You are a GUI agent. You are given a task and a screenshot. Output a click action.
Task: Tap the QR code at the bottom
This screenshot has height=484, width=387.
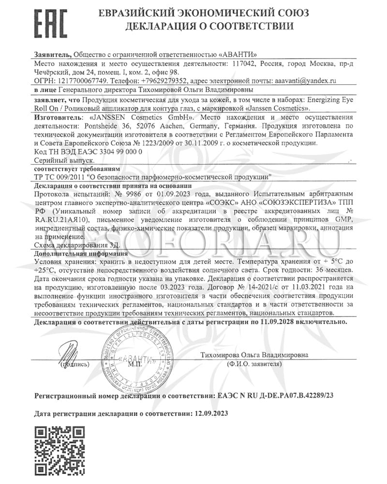click(55, 453)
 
